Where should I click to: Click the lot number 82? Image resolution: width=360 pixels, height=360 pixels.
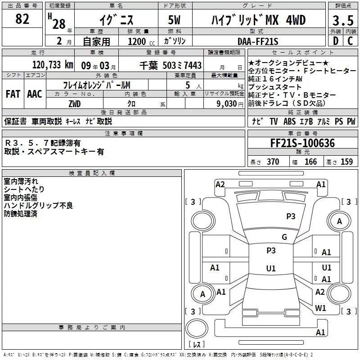[x=22, y=19]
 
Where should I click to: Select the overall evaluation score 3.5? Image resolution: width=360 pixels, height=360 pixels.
[x=343, y=21]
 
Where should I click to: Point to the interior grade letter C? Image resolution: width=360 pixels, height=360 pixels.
[x=351, y=41]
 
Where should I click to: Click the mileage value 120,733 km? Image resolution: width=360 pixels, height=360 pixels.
[x=53, y=65]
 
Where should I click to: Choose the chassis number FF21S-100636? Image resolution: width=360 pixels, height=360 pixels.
[x=302, y=143]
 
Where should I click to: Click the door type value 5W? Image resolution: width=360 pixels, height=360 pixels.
[x=175, y=21]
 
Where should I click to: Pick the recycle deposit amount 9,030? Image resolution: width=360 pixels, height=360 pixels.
[x=227, y=103]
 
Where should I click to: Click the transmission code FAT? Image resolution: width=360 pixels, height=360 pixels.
[x=13, y=94]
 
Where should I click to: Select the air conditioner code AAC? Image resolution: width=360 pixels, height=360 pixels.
[x=34, y=94]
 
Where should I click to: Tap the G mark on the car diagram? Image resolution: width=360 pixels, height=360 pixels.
[x=284, y=237]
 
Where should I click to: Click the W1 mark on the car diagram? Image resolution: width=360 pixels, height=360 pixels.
[x=320, y=308]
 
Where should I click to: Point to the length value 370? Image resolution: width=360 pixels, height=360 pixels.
[x=273, y=162]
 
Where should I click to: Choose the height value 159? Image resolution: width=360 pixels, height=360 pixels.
[x=346, y=162]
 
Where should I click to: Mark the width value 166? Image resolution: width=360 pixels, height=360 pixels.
[x=310, y=162]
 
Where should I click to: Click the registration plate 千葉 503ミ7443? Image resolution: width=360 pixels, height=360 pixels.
[x=171, y=65]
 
